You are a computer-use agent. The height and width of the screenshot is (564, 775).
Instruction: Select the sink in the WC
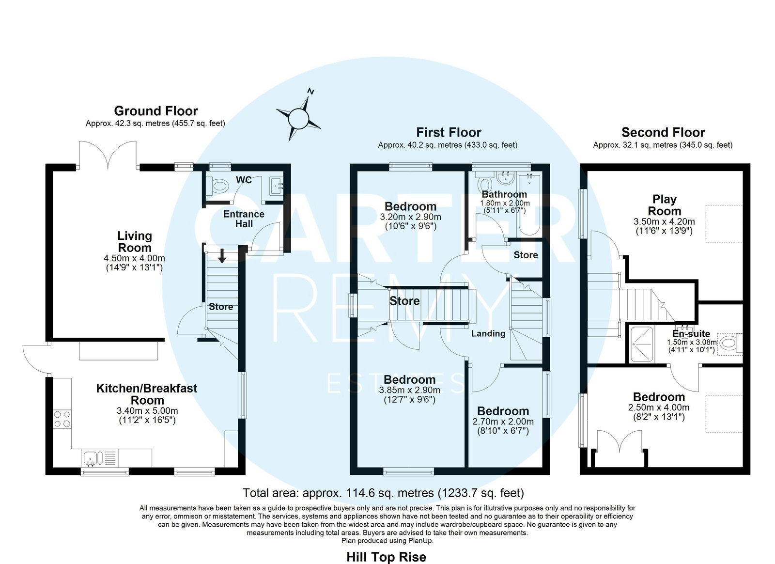tap(276, 186)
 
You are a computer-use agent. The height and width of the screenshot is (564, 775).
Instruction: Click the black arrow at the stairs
tap(222, 255)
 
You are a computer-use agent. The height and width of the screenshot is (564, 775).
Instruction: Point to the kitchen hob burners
tap(62, 419)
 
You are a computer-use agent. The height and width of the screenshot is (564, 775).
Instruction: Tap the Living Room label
tap(135, 242)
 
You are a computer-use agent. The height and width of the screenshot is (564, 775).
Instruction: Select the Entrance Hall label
tap(244, 219)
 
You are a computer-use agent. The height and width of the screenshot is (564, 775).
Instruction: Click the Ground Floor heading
tap(156, 111)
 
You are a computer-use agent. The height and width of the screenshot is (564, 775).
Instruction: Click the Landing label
tap(488, 333)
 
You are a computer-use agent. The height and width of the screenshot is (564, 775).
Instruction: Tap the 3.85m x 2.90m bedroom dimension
tap(410, 391)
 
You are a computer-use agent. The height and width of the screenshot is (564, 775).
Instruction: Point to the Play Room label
tap(664, 205)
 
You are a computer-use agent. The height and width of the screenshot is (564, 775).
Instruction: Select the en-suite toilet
tap(730, 343)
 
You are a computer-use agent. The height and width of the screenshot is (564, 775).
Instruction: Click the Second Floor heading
tap(663, 132)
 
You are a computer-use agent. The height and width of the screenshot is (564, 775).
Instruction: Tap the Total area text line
tap(383, 493)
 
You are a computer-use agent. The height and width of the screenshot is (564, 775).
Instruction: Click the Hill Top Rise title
tap(387, 557)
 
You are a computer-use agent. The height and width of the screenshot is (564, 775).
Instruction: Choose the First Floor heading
tap(449, 132)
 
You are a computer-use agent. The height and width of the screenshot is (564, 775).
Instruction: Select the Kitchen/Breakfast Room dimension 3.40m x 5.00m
tap(147, 411)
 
